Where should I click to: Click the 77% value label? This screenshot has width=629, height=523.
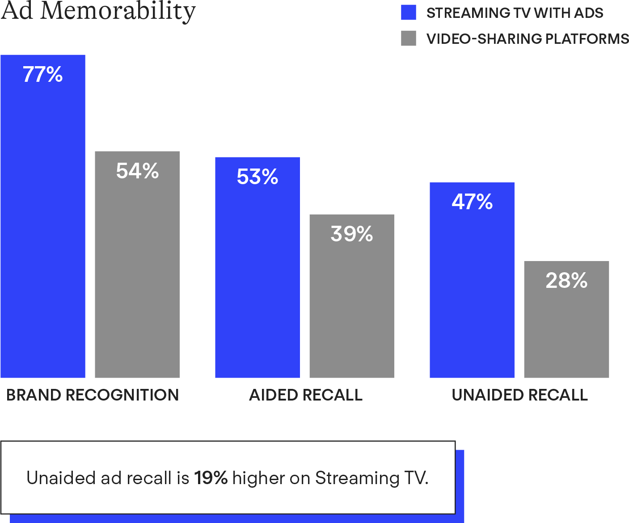[43, 75]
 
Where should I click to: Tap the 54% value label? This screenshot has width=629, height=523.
[137, 171]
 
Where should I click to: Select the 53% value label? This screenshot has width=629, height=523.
[258, 177]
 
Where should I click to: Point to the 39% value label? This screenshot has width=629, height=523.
[352, 234]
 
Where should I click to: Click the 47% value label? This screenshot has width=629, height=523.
[472, 202]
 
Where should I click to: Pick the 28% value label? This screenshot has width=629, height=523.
[566, 281]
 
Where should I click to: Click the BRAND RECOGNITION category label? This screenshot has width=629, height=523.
[93, 395]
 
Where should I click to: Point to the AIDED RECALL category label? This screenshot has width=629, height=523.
[306, 395]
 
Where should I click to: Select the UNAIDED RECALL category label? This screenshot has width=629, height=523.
[519, 395]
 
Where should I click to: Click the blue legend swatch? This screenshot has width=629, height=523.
[409, 13]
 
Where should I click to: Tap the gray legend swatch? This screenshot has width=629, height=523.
[409, 38]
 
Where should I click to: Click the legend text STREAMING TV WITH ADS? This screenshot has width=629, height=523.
[515, 13]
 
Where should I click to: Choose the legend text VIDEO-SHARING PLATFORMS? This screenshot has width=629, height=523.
[528, 39]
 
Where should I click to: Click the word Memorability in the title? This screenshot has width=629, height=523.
[118, 11]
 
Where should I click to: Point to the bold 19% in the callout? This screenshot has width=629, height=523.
[211, 478]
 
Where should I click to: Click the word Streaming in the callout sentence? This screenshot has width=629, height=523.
[357, 478]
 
